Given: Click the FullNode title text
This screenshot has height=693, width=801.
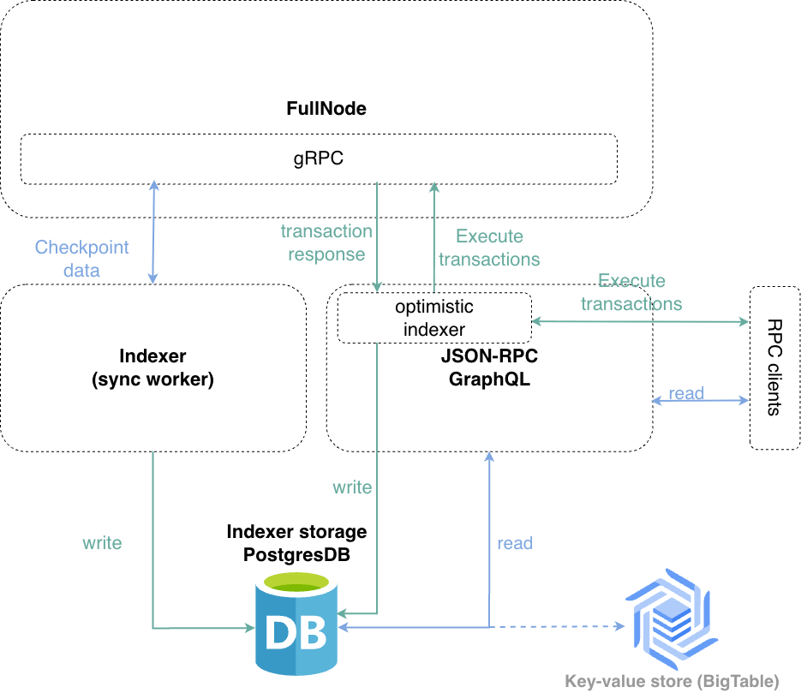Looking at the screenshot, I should (x=326, y=109).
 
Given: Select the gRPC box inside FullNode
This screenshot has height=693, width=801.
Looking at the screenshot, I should (x=318, y=158).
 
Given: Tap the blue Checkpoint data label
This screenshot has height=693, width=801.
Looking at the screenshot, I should (x=81, y=259).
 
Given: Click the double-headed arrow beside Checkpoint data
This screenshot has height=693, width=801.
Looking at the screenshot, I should (x=153, y=232).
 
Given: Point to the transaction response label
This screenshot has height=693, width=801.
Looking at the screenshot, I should (x=326, y=242).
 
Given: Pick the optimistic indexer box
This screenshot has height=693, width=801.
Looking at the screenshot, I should (x=434, y=318).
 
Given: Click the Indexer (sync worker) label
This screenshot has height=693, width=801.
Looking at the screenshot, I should (x=152, y=367).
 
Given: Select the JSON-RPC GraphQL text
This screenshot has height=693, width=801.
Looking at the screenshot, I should (x=489, y=367).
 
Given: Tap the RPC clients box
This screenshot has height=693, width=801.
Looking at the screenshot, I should (x=774, y=367).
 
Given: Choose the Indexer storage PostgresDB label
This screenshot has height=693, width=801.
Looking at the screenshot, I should (x=296, y=543).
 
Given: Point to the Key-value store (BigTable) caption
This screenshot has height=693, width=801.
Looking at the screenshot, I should (x=672, y=682).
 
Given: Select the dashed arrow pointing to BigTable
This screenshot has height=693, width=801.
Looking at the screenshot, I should (x=557, y=627).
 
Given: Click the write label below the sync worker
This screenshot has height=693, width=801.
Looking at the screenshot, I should (x=102, y=542).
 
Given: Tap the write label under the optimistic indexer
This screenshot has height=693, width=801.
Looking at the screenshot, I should (x=352, y=487).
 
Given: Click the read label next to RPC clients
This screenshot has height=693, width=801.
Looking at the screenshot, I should (x=686, y=393).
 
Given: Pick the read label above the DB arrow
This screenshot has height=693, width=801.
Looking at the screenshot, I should (x=515, y=543).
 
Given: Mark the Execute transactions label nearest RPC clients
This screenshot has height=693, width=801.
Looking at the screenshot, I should (x=631, y=292).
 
